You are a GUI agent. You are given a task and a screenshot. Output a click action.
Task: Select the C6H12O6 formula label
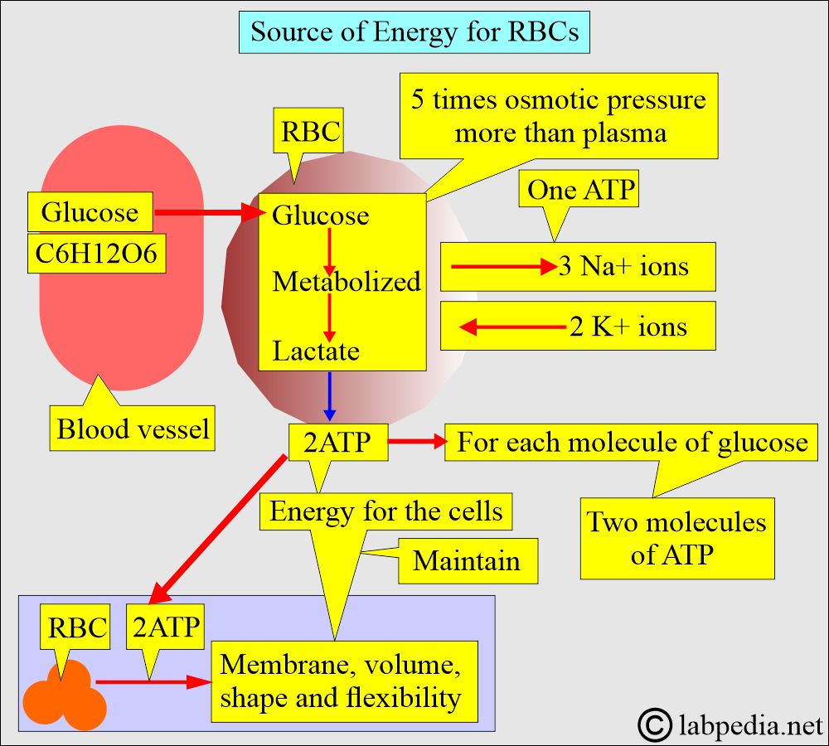click(96, 254)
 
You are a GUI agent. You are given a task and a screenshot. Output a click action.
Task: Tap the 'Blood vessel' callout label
click(133, 429)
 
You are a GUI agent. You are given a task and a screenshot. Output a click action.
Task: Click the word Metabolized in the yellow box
click(347, 282)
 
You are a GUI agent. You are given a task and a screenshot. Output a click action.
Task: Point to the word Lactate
click(316, 351)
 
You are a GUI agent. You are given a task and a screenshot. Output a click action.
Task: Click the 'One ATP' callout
click(581, 191)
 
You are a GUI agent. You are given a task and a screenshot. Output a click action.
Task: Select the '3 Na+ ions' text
click(623, 267)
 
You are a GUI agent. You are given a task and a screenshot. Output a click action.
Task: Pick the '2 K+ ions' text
click(628, 327)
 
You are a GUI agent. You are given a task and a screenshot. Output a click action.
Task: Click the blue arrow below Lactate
click(330, 396)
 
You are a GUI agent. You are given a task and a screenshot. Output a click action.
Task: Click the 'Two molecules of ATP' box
click(676, 538)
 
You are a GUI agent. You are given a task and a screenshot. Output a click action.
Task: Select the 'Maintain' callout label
click(468, 560)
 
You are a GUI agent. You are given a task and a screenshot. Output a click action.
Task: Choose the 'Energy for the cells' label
click(386, 511)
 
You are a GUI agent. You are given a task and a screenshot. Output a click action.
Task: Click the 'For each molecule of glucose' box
click(632, 442)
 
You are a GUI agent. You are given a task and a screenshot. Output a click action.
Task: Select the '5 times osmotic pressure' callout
click(560, 116)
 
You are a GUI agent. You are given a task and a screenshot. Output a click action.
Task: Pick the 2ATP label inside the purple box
click(166, 627)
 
